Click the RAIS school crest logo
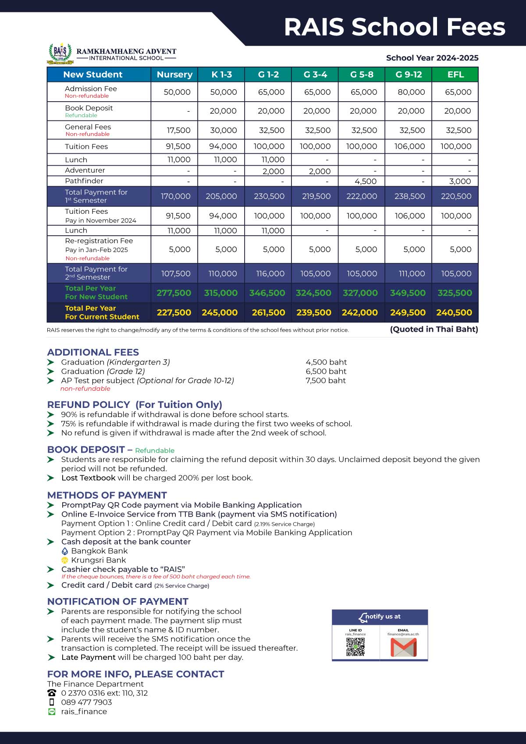coord(60,53)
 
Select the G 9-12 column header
coord(409,74)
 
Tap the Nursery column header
coord(174,74)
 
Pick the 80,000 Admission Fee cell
coord(411,92)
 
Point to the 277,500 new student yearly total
coord(174,293)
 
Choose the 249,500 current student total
coord(408,312)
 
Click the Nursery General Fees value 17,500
coord(178,130)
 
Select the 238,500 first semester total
coord(409,196)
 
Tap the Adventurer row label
coord(85,170)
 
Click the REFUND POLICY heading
coord(135,404)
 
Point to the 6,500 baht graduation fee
coord(326,371)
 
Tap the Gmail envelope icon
coord(403,647)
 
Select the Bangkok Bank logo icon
coord(65,551)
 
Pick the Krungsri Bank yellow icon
coord(65,560)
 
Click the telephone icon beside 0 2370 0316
coord(52,693)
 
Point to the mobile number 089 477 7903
coord(86,702)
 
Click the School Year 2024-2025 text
coord(432,58)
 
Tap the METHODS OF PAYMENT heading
coord(107,495)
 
